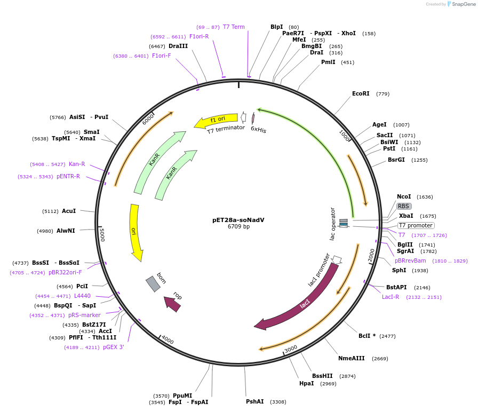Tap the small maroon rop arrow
[172, 304]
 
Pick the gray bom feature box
[153, 284]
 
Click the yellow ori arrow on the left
[136, 232]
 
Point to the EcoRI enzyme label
[361, 93]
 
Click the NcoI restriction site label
[404, 196]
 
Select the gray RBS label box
[403, 206]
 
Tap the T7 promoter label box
[416, 225]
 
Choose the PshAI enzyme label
[254, 401]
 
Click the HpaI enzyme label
[306, 383]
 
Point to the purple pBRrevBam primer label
[410, 260]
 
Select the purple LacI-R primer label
[391, 297]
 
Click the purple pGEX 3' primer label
[114, 347]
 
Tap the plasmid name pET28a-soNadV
[238, 219]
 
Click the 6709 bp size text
[238, 226]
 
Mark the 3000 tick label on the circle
[291, 349]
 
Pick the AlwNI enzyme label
[67, 231]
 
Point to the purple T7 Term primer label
[234, 27]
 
